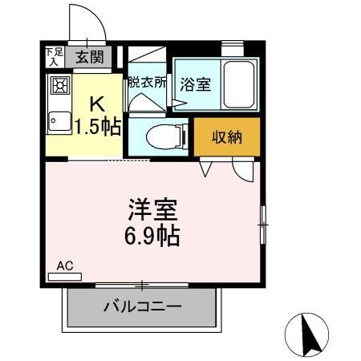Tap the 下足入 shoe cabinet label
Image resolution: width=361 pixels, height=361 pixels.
click(x=53, y=56)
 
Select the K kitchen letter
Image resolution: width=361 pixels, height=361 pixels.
click(x=95, y=103)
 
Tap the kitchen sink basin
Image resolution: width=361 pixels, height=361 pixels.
click(x=58, y=123)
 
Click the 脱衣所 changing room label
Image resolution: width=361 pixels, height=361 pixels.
click(x=146, y=81)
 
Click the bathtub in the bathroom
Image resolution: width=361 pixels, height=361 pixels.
click(x=238, y=83)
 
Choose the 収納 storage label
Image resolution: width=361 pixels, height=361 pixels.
click(x=226, y=137)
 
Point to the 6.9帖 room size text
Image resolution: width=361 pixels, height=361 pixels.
click(x=151, y=236)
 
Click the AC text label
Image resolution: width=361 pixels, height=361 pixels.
click(x=65, y=264)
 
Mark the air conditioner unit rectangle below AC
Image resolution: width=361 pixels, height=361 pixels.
click(x=65, y=275)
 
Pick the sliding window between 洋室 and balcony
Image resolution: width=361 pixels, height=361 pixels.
click(x=142, y=284)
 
